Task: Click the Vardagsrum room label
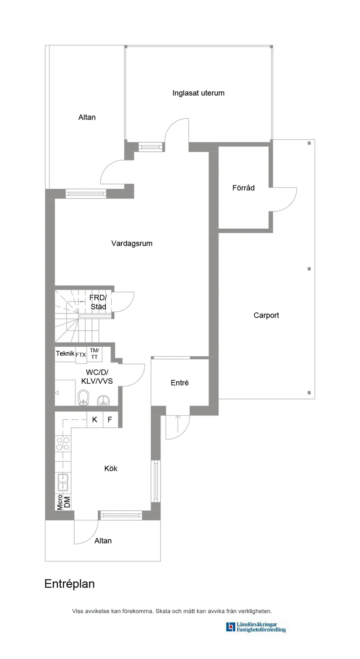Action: [132, 243]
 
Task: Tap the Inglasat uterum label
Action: [198, 93]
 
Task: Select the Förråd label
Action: [243, 188]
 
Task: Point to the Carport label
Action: [266, 315]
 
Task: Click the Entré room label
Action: [179, 382]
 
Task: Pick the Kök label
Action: [111, 468]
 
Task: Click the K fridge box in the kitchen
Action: [95, 420]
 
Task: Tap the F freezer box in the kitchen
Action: [110, 420]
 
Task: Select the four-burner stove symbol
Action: [63, 444]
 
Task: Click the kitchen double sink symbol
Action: [63, 482]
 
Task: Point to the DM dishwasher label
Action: [67, 502]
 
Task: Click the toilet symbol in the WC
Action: [83, 398]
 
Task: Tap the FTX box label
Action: [81, 355]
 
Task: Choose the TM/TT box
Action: [94, 354]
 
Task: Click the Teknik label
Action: [65, 354]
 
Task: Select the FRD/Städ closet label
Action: [98, 302]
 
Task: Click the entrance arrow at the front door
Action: [178, 423]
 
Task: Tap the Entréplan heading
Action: [69, 584]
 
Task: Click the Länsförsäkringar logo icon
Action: [230, 627]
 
